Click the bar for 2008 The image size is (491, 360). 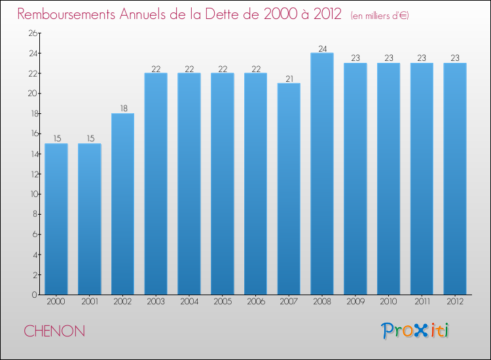pos(322,173)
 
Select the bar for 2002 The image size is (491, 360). pos(122,204)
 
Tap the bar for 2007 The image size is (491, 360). pos(289,189)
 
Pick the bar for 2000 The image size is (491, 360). pos(56,219)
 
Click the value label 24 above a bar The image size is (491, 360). pos(322,48)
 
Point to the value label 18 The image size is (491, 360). pos(122,109)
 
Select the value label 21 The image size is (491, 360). pos(289,79)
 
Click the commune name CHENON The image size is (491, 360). pos(54,331)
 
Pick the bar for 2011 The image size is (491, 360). pos(422,179)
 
